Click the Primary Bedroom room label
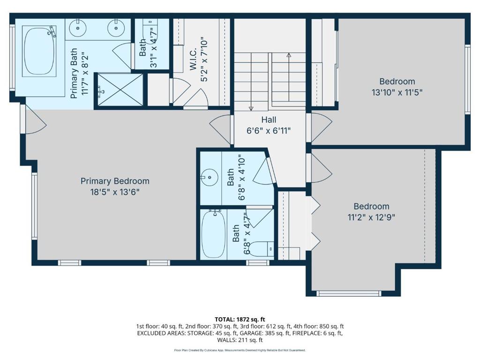[115, 181]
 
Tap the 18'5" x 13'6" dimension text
[115, 192]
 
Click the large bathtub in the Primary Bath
[40, 52]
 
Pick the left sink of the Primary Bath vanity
[76, 28]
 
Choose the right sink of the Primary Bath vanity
[115, 28]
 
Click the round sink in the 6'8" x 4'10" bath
[208, 177]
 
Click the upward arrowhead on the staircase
[289, 55]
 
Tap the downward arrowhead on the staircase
[251, 107]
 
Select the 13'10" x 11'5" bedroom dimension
[397, 92]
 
